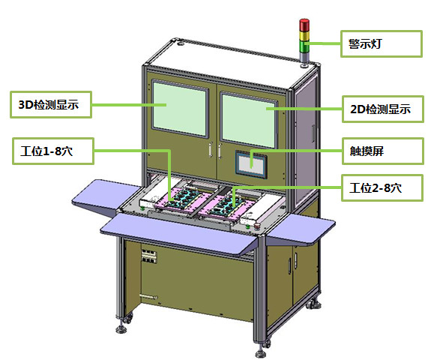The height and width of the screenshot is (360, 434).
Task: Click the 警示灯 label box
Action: (x=381, y=44)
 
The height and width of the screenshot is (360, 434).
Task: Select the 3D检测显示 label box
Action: (x=51, y=105)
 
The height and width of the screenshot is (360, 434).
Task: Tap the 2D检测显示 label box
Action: (x=383, y=109)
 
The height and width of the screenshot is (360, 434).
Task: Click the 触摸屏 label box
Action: (x=383, y=151)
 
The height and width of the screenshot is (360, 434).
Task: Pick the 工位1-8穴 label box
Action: (x=53, y=151)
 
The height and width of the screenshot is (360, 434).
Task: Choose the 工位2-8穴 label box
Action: (x=382, y=187)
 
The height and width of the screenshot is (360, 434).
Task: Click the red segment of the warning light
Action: (x=304, y=25)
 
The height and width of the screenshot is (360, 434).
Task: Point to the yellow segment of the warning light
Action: (x=304, y=36)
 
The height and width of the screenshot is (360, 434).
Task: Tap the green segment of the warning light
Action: (x=304, y=46)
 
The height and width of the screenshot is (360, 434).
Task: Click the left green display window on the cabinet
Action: (x=180, y=109)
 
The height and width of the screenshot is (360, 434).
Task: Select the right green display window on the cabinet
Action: (x=248, y=120)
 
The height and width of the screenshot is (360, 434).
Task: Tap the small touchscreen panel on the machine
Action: (x=251, y=164)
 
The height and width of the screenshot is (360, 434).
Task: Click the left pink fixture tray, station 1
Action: (x=182, y=198)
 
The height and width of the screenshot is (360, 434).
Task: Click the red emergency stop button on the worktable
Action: (x=257, y=226)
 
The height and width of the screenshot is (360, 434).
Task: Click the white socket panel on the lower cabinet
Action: (x=149, y=256)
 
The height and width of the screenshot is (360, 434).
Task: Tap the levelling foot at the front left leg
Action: (x=121, y=328)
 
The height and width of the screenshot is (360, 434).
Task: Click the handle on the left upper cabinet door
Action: (x=211, y=150)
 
